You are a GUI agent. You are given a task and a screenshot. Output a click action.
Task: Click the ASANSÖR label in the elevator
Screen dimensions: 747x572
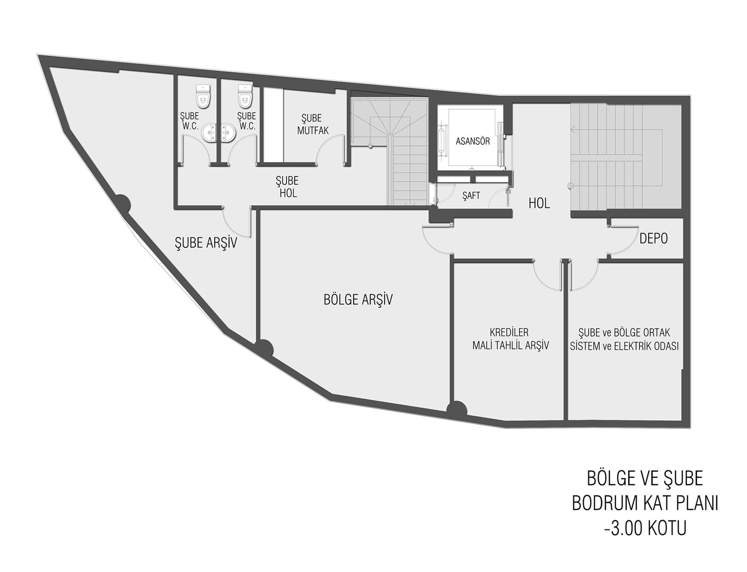click(472, 142)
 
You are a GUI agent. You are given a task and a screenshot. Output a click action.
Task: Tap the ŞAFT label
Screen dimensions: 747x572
click(471, 196)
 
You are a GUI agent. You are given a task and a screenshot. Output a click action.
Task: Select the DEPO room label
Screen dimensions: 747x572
click(654, 239)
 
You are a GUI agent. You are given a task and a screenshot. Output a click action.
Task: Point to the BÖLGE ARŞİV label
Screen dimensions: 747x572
click(358, 299)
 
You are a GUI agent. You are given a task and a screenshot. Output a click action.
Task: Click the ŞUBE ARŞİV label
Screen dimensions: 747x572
click(206, 243)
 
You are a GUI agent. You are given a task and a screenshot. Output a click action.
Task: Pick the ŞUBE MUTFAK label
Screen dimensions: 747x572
click(313, 124)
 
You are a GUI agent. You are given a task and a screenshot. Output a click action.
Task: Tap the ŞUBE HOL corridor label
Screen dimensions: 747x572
click(287, 187)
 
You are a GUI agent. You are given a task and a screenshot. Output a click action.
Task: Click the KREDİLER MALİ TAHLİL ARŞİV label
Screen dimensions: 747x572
click(511, 339)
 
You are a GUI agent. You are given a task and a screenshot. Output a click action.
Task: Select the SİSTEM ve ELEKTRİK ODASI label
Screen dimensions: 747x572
click(624, 346)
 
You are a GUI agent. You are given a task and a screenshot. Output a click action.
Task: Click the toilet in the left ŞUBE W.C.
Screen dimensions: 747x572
click(203, 95)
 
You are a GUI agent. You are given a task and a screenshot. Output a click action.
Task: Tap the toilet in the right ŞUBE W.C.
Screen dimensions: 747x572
click(245, 95)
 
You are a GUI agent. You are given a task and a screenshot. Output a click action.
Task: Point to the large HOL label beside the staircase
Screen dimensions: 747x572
click(539, 203)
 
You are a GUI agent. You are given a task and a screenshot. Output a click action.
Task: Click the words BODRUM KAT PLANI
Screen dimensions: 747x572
click(645, 503)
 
